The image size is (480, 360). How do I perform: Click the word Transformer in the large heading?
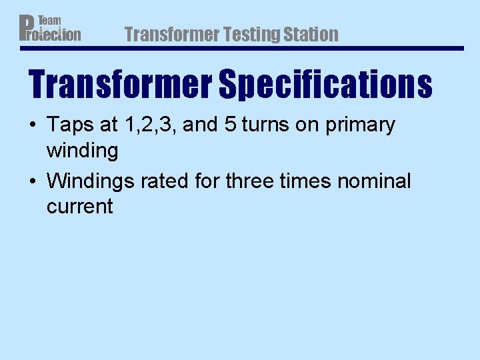pos(121,85)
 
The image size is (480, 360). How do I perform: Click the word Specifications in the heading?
pos(325,85)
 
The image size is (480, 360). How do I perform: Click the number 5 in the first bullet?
pos(230,125)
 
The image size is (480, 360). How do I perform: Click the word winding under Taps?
pos(82,151)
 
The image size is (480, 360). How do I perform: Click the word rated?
pos(165,181)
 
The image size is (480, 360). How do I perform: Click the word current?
pos(80,207)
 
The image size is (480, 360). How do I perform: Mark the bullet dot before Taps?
pos(33,125)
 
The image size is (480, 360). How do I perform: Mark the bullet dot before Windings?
pos(33,181)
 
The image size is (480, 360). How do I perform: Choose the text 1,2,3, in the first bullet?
pos(150,125)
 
